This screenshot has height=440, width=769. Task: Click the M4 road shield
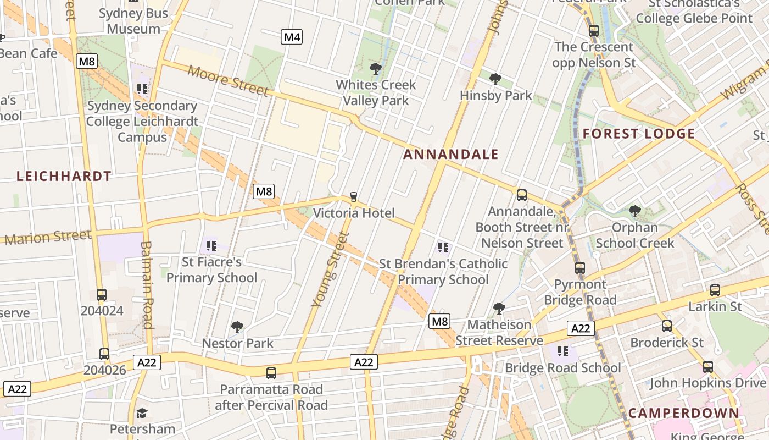292,37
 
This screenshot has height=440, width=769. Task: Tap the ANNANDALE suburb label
450,155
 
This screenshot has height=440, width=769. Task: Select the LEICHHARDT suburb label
64,177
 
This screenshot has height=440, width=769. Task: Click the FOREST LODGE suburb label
639,134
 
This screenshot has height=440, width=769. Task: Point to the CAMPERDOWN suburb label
683,413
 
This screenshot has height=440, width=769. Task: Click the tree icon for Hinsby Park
495,79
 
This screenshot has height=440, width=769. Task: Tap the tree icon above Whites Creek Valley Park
376,69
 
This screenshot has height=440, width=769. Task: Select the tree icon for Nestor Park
237,328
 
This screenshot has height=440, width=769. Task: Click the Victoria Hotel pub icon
354,197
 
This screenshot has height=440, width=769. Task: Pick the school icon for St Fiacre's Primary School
211,246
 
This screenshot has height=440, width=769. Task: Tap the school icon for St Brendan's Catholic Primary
443,248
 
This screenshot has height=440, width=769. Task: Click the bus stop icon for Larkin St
715,290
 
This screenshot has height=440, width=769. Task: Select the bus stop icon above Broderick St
666,326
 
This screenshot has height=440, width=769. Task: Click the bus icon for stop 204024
102,295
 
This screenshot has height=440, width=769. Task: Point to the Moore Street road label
228,80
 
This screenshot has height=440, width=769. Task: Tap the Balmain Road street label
147,284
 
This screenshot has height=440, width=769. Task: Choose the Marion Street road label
48,237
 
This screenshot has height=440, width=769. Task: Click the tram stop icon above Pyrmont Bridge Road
580,268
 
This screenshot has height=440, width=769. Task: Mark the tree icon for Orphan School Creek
634,211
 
